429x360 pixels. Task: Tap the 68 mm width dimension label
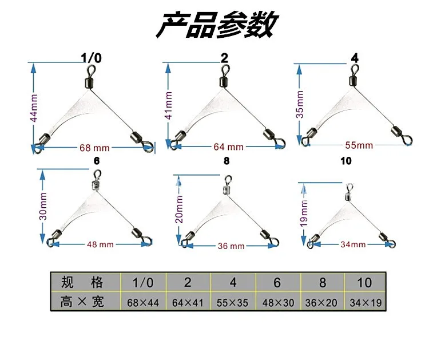coord(94,148)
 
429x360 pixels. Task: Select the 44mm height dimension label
coord(34,107)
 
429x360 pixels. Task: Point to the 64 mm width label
coord(228,147)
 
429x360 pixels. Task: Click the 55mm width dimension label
coord(359,145)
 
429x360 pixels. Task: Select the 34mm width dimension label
coord(352,244)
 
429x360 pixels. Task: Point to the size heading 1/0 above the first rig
coord(92,58)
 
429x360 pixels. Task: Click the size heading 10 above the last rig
coord(345,161)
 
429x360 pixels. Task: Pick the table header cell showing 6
coord(278,282)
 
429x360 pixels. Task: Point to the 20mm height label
coord(179,209)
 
